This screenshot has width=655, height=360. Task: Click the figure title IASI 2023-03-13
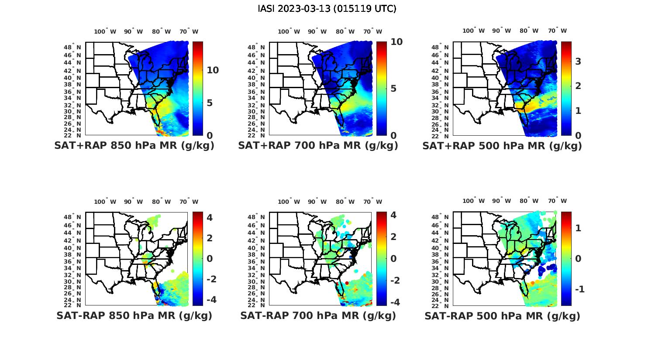[x=327, y=9]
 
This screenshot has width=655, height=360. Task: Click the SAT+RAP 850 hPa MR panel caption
[x=134, y=146]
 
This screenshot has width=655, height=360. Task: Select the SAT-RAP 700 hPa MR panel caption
[x=318, y=315]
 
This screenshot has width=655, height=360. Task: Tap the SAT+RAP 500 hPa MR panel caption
[x=502, y=146]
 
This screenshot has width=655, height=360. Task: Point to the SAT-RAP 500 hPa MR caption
[x=502, y=316]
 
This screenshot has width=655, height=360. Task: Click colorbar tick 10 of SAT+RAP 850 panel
[x=213, y=70]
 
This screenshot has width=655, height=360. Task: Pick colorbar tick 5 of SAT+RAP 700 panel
[x=393, y=89]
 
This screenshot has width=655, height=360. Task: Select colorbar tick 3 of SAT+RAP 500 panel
[x=578, y=61]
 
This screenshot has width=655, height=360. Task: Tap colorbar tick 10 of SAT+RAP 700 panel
[x=396, y=42]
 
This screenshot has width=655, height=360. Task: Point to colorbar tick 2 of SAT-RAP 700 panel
[x=393, y=237]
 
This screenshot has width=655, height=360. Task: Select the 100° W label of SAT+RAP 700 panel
[x=289, y=31]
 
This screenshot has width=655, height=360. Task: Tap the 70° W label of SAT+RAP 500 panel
[x=557, y=31]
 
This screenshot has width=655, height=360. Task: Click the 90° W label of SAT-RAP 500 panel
[x=501, y=201]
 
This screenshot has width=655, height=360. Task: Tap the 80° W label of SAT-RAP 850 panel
[x=161, y=202]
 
